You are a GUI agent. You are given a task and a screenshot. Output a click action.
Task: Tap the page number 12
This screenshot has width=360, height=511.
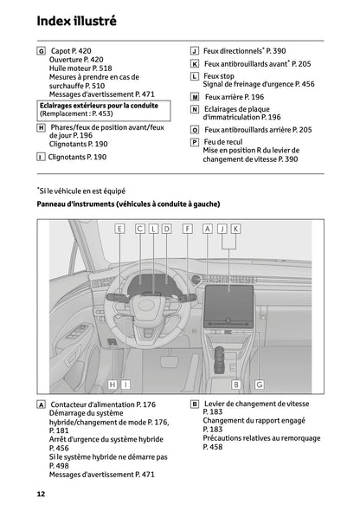tap(41, 494)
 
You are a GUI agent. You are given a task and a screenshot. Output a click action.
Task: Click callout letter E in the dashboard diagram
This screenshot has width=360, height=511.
tap(119, 229)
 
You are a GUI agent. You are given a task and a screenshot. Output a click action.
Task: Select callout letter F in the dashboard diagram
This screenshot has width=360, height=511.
tap(188, 229)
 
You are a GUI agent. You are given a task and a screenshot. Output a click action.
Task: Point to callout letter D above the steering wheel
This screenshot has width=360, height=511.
tap(166, 229)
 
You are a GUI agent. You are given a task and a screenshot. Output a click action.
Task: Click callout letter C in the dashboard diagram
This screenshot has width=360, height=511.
tap(139, 229)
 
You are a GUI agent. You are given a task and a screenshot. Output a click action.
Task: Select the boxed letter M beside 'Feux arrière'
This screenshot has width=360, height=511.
tap(195, 97)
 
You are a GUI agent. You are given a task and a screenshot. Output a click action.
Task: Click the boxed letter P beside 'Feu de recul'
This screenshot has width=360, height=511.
tap(195, 141)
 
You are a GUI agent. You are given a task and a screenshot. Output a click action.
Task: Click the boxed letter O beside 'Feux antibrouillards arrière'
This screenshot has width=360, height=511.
tap(195, 129)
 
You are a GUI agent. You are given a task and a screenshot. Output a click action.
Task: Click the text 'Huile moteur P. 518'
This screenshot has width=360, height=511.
tap(80, 68)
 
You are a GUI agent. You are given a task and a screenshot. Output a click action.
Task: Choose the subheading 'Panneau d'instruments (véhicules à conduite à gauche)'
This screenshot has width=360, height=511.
tap(128, 204)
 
